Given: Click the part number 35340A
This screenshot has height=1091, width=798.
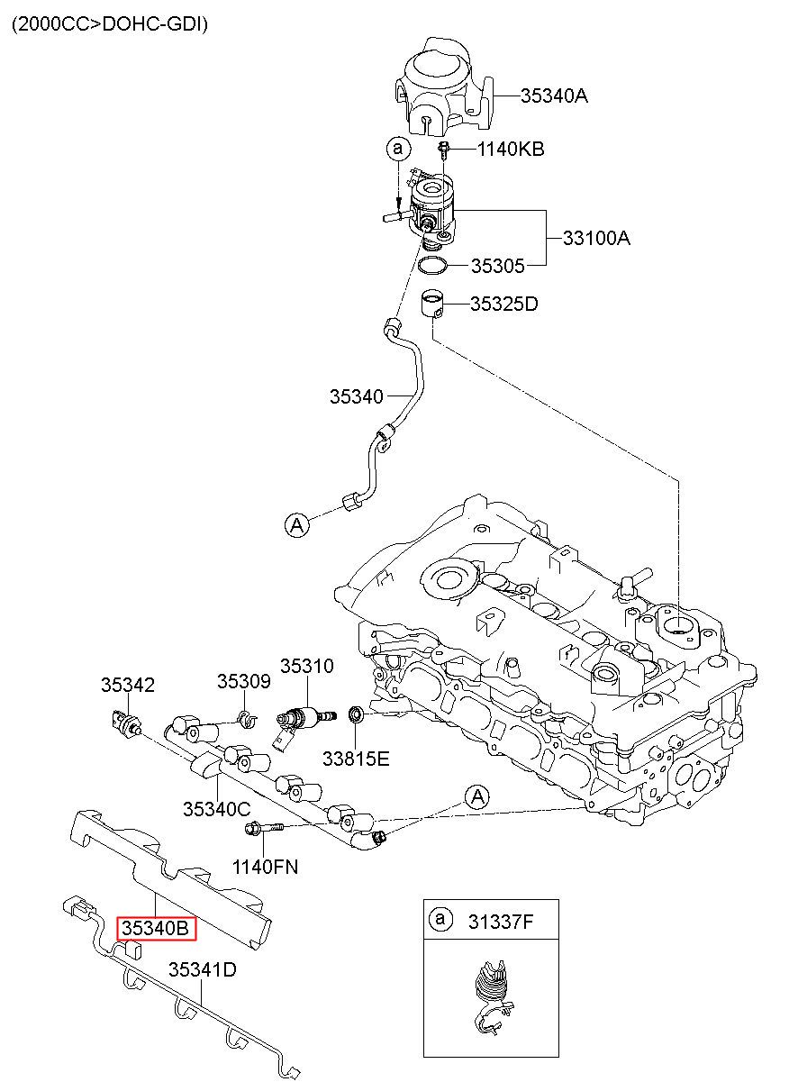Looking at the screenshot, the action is click(x=554, y=96).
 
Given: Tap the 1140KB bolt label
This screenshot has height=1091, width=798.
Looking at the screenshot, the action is click(x=511, y=149).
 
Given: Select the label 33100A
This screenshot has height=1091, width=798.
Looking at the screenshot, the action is click(x=596, y=238).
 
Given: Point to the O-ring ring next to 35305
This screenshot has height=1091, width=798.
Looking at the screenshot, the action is click(x=433, y=266).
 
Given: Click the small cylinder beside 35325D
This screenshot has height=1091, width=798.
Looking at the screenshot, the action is click(x=433, y=304).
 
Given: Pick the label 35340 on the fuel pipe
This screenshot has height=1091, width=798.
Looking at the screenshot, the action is click(x=357, y=396).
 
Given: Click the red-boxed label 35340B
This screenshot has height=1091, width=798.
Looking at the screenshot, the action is click(x=156, y=928).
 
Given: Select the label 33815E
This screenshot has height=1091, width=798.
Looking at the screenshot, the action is click(x=356, y=759).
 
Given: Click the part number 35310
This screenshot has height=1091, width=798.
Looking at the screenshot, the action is click(x=307, y=666).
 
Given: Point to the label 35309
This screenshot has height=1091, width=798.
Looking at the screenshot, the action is click(x=243, y=681).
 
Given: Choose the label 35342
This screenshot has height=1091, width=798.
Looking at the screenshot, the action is click(x=128, y=685).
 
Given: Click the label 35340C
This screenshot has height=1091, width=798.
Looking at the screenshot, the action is click(x=217, y=809).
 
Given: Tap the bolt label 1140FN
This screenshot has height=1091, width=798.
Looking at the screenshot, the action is click(x=265, y=867).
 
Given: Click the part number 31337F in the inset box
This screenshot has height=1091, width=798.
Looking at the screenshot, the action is click(x=501, y=922).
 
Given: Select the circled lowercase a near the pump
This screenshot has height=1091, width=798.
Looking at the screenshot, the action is click(x=398, y=149).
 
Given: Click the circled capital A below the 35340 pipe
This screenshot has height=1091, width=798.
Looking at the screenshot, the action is click(x=297, y=524).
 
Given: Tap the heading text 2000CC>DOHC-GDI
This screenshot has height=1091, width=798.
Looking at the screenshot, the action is click(x=110, y=23).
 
